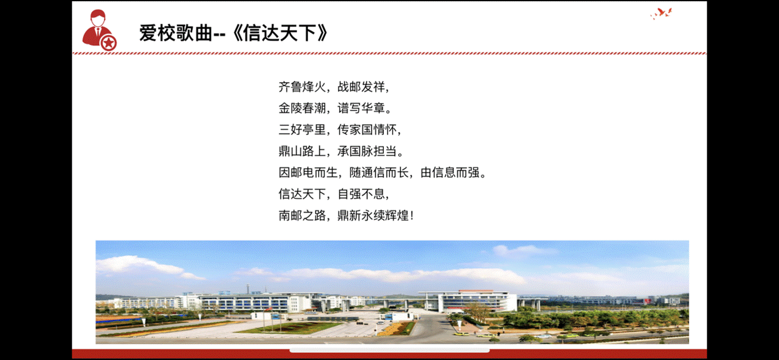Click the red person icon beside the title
tap(99, 30)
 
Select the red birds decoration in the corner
tap(661, 14)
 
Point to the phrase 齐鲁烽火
tap(302, 87)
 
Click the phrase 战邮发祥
tap(361, 87)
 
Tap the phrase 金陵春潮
tap(302, 108)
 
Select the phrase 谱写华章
tap(361, 108)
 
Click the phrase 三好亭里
tap(302, 130)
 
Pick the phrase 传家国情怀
tap(367, 130)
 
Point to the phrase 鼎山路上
tap(302, 151)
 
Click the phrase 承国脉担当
tap(367, 151)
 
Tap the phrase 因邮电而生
tap(308, 173)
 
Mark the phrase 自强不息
tap(361, 194)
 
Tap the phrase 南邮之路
tap(302, 216)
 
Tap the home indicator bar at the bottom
tap(389, 350)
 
